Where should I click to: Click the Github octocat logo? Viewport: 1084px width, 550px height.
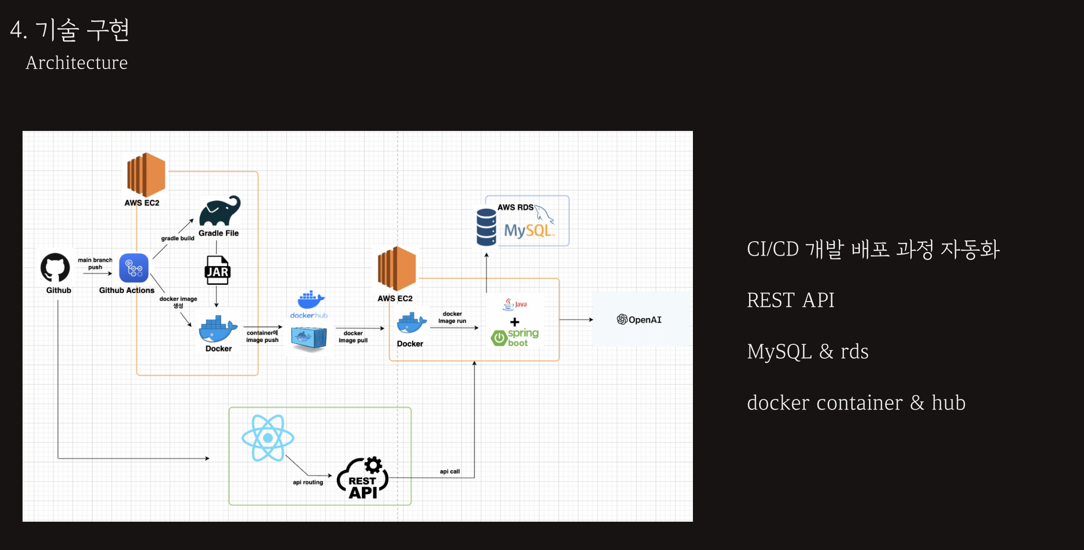point(55,267)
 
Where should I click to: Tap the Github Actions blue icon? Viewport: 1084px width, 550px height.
point(134,268)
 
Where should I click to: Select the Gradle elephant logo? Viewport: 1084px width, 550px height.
point(220,211)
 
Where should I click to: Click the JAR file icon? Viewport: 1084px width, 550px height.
point(217,270)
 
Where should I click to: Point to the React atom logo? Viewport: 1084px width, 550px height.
point(268,438)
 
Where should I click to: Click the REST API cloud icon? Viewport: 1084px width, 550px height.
point(363,479)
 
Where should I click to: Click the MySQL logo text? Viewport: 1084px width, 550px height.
point(527,231)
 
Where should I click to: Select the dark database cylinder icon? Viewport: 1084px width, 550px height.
point(486,227)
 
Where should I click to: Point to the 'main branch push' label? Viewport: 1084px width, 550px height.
point(95,263)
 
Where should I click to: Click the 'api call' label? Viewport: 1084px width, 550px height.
point(450,471)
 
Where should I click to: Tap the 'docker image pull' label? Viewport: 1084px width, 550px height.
point(353,337)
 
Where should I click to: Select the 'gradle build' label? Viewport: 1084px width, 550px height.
point(178,238)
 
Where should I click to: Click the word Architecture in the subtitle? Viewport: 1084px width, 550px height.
point(77,63)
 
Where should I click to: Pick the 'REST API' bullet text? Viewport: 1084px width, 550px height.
point(790,300)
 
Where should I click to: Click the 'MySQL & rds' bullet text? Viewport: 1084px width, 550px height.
point(807,351)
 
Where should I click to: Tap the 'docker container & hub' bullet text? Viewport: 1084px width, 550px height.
point(856,403)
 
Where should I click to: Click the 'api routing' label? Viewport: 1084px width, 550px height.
point(308,482)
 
